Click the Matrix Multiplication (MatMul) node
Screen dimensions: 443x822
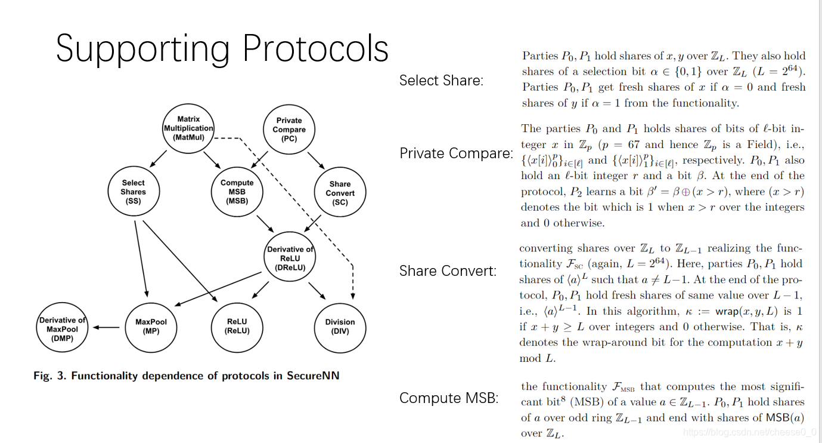pyautogui.click(x=188, y=128)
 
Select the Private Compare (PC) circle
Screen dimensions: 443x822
pyautogui.click(x=289, y=130)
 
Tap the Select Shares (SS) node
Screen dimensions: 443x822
pyautogui.click(x=133, y=192)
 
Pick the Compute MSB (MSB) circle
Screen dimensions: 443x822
pyautogui.click(x=237, y=192)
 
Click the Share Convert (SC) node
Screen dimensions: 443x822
pyautogui.click(x=340, y=193)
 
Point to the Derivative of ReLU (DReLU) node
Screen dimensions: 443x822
pyautogui.click(x=290, y=258)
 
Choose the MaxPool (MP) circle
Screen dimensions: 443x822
pyautogui.click(x=151, y=327)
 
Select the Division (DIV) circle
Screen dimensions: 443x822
pyautogui.click(x=340, y=327)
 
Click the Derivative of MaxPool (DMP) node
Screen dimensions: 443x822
pyautogui.click(x=62, y=329)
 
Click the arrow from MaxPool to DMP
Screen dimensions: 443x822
pyautogui.click(x=107, y=327)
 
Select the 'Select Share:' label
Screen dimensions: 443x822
pyautogui.click(x=441, y=81)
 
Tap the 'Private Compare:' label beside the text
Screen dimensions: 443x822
pyautogui.click(x=456, y=153)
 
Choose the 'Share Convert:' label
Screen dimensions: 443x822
pyautogui.click(x=448, y=271)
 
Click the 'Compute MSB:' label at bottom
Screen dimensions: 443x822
pyautogui.click(x=449, y=398)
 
